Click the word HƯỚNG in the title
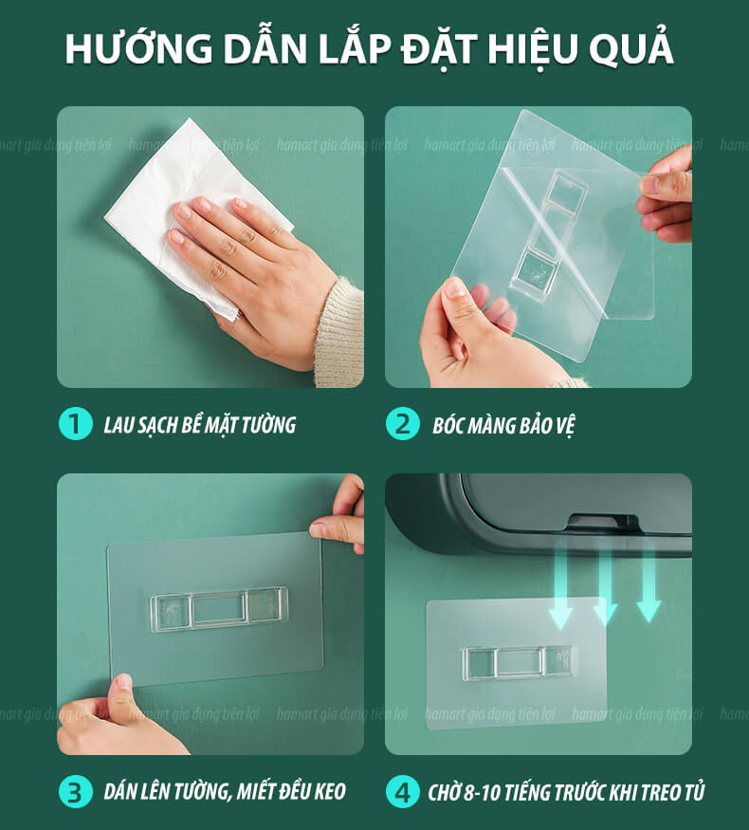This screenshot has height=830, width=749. click(x=138, y=48)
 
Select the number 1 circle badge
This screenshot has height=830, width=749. click(x=76, y=424)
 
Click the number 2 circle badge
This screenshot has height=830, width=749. click(x=403, y=424)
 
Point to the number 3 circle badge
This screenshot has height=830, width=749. click(x=76, y=791)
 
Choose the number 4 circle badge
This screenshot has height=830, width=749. click(x=403, y=791)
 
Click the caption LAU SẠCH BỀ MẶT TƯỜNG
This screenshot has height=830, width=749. click(x=199, y=425)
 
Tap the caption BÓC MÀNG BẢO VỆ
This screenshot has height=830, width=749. click(x=503, y=425)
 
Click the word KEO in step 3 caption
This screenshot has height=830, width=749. click(x=330, y=791)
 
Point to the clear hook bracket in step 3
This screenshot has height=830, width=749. click(x=219, y=609)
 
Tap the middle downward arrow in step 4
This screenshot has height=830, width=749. click(x=605, y=586)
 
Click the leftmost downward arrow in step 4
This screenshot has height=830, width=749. click(x=560, y=589)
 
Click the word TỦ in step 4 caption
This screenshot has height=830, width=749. click(x=695, y=791)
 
